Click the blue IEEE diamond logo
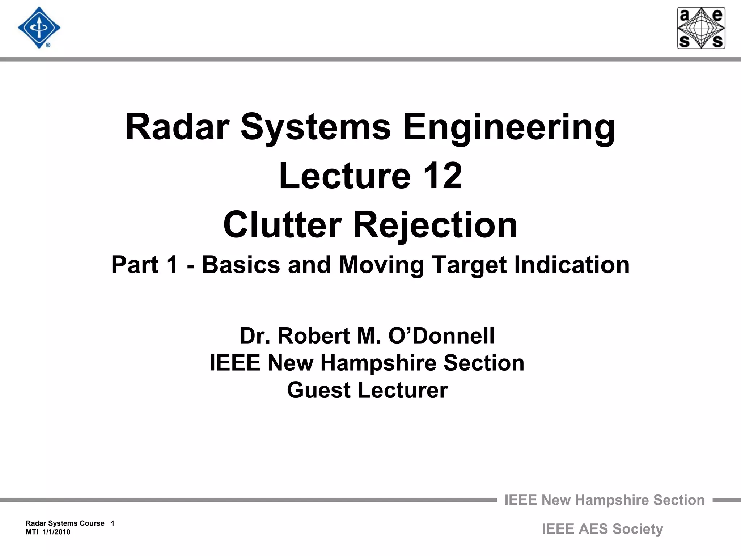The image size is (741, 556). click(x=39, y=28)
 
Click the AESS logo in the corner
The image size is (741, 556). click(x=701, y=28)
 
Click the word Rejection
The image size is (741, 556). click(x=435, y=226)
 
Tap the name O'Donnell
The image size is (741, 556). click(x=441, y=336)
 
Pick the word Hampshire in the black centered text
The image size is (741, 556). click(x=378, y=363)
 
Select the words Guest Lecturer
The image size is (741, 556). click(x=367, y=390)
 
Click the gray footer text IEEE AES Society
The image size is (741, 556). click(x=602, y=529)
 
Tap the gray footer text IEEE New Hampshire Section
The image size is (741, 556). click(x=604, y=500)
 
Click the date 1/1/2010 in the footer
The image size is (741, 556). click(x=56, y=532)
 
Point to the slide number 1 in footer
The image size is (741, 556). click(x=113, y=523)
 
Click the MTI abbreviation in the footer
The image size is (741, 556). click(x=31, y=532)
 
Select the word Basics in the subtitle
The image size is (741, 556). click(x=241, y=265)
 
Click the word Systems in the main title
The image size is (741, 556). click(x=316, y=128)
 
